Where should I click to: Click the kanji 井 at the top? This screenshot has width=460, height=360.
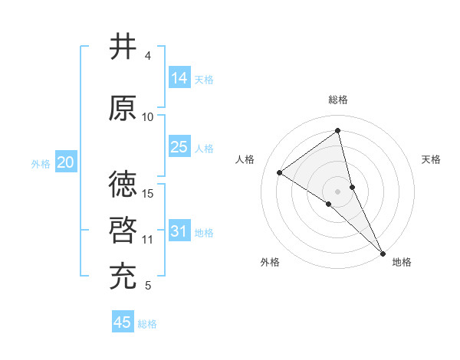[123, 47]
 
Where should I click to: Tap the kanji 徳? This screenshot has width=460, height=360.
[123, 184]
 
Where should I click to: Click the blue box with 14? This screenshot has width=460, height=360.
[179, 78]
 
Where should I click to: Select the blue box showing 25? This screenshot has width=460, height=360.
[179, 147]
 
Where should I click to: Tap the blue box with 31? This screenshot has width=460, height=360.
[179, 231]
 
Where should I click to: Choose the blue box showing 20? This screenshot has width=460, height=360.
[66, 162]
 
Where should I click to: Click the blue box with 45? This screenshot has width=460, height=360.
[123, 322]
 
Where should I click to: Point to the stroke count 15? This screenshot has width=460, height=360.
[149, 193]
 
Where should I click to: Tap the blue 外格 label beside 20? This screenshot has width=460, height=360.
[41, 164]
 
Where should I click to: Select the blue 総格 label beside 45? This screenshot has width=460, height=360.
[147, 324]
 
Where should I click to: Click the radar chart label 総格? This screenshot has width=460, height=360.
[338, 100]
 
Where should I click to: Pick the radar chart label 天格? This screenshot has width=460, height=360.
[431, 159]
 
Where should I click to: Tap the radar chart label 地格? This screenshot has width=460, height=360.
[402, 262]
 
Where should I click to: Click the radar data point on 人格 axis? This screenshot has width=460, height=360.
[280, 172]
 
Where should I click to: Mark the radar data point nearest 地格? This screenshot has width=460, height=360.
[383, 252]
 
